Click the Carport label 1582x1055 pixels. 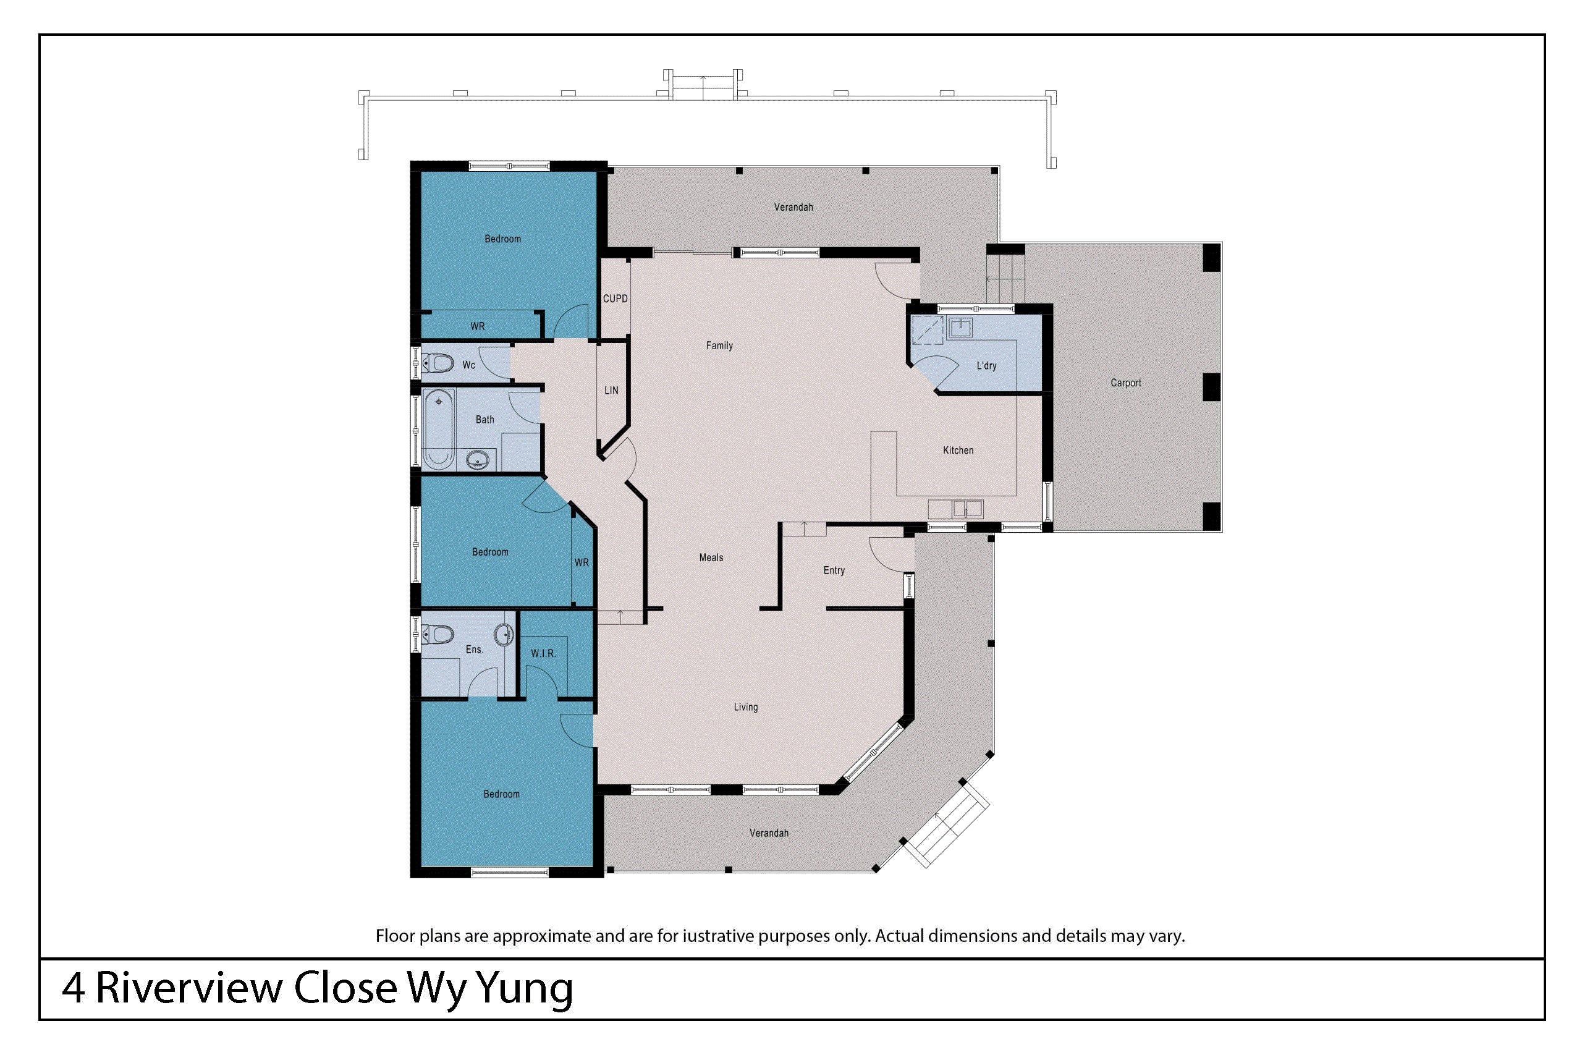1125,383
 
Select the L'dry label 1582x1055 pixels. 986,365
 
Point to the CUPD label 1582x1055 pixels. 615,298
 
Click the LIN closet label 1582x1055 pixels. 611,390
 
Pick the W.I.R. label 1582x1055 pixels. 543,653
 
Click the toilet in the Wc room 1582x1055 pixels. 439,363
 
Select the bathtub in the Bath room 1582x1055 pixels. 439,428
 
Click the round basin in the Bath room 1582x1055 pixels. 477,461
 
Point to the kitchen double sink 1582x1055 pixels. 967,508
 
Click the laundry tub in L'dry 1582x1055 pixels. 960,328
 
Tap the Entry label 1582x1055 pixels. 834,570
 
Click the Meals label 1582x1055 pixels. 710,557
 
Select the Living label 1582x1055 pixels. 745,707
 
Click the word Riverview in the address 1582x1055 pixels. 189,988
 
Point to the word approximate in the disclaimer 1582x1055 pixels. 541,936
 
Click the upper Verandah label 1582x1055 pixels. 793,207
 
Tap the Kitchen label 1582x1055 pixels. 958,450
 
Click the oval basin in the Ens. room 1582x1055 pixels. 503,634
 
